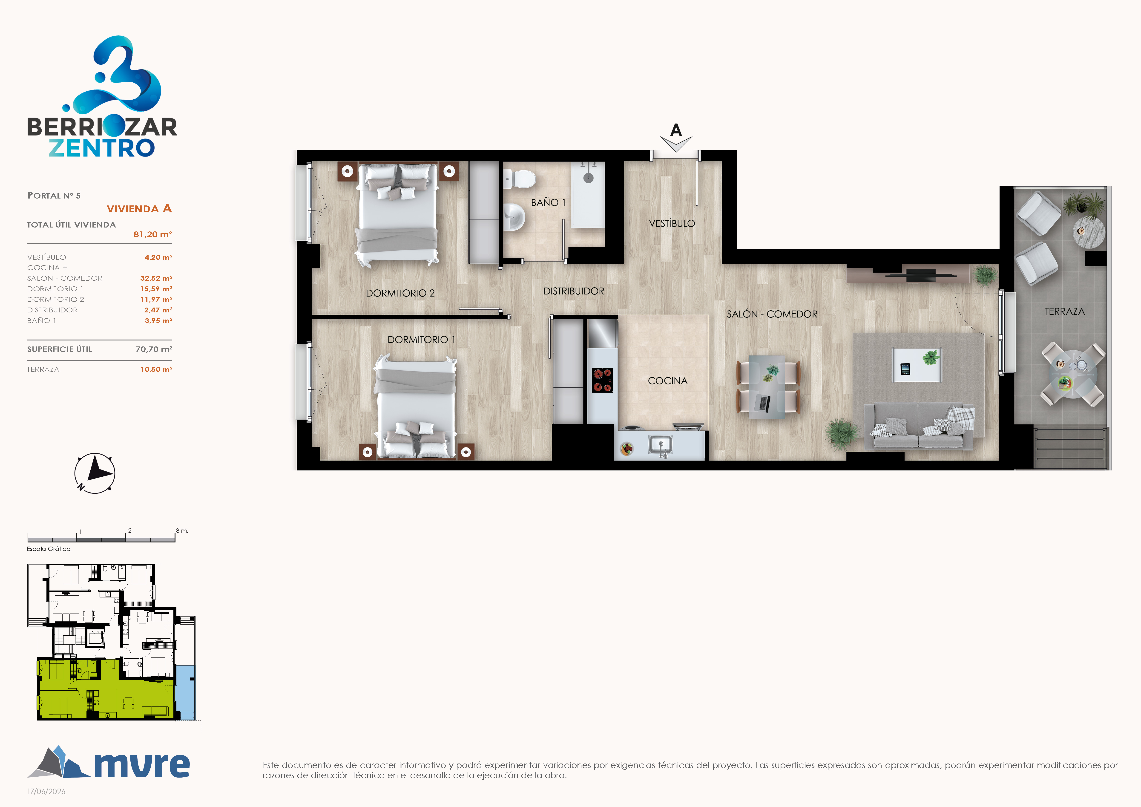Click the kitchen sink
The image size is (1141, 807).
(661, 445)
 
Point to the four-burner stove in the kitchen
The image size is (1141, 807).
(602, 380)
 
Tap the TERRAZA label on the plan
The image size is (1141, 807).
(1064, 311)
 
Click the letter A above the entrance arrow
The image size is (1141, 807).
(676, 130)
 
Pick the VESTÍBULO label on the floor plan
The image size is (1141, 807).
(672, 224)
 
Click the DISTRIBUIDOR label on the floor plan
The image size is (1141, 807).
(574, 291)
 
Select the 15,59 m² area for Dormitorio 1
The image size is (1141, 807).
(156, 289)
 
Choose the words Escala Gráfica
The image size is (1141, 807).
(49, 549)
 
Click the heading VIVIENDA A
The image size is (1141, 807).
(139, 209)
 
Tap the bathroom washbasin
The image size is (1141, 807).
(514, 217)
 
